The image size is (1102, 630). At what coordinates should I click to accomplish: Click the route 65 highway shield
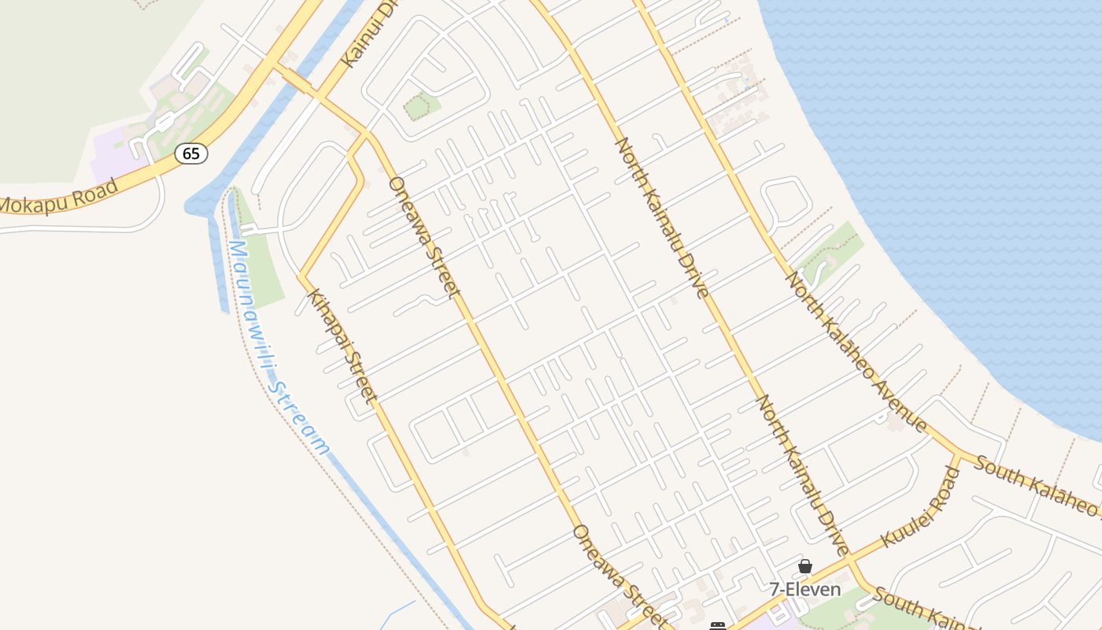[x=191, y=153]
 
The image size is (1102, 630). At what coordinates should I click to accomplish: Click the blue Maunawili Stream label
[x=277, y=346]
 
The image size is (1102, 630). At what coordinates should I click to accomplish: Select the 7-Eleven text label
[x=805, y=589]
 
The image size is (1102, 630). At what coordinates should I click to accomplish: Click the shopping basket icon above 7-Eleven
[x=804, y=566]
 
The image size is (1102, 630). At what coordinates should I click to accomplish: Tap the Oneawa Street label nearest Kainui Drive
[x=423, y=236]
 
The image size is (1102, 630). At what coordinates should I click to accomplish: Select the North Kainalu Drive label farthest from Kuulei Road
[x=661, y=217]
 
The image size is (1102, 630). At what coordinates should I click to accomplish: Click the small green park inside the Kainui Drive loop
[x=421, y=106]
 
